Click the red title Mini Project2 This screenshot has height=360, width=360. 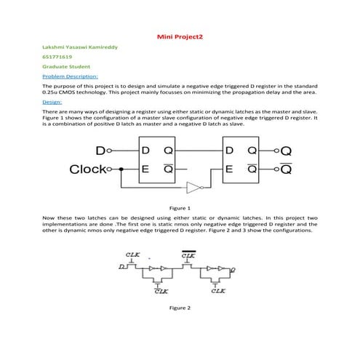pyautogui.click(x=180, y=35)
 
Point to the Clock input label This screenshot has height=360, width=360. pyautogui.click(x=92, y=169)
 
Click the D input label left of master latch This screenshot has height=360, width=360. pyautogui.click(x=100, y=151)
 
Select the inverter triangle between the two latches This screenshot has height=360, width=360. pyautogui.click(x=193, y=187)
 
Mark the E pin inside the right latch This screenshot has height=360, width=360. pyautogui.click(x=229, y=169)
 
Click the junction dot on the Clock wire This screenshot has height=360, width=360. pyautogui.click(x=121, y=169)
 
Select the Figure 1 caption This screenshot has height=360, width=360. pyautogui.click(x=180, y=208)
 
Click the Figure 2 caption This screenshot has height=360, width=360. pyautogui.click(x=180, y=308)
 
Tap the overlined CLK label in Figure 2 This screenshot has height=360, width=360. pyautogui.click(x=188, y=255)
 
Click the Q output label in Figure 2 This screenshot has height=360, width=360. pyautogui.click(x=233, y=269)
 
